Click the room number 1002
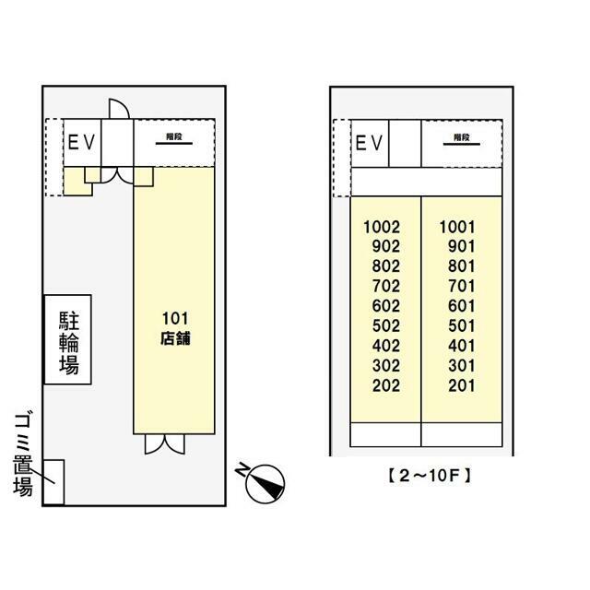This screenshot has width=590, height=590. click(x=382, y=227)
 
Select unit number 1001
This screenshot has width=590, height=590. click(x=456, y=227)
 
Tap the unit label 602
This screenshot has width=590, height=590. click(x=385, y=306)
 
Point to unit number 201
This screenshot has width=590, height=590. click(x=460, y=386)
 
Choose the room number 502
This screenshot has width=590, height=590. click(x=385, y=326)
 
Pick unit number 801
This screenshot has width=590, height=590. click(x=460, y=266)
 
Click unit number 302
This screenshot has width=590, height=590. click(x=385, y=366)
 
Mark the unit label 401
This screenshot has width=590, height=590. click(x=460, y=347)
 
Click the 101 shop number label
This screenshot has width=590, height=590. click(x=175, y=319)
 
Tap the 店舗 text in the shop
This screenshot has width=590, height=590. click(x=175, y=337)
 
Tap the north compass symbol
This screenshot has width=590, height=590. click(x=265, y=481)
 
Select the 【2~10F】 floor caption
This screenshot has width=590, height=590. click(x=427, y=477)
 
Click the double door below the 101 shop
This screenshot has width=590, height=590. click(x=166, y=444)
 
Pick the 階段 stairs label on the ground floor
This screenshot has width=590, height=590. click(x=172, y=137)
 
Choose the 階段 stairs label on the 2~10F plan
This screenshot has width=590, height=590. click(x=461, y=137)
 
